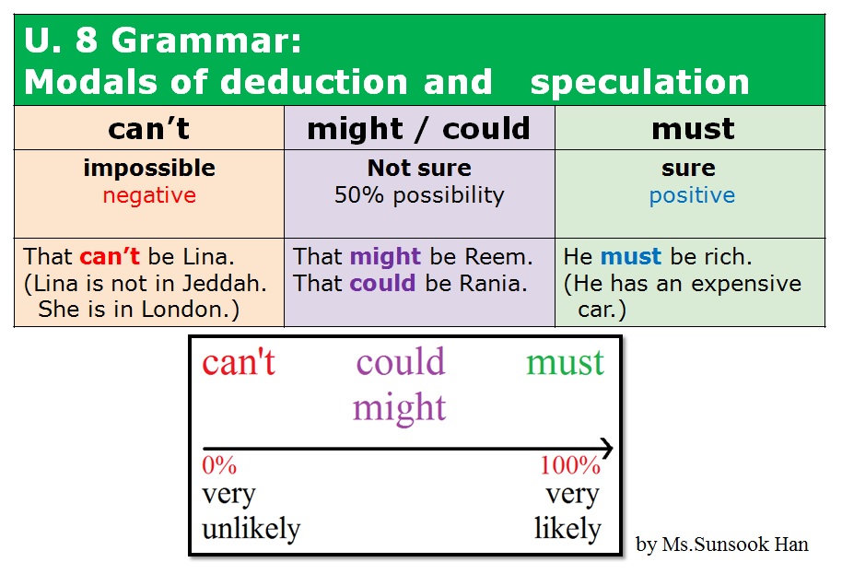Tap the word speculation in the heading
coord(639,82)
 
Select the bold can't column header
coord(148,129)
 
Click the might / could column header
coord(419,129)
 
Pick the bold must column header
coord(693,129)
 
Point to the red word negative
coord(149,195)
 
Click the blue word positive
coord(692,195)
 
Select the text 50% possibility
coord(419,195)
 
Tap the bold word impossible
coord(149,168)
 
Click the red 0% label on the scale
coord(219,465)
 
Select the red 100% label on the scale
coord(570,465)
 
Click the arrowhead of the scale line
coord(605,449)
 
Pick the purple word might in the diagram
coord(399,407)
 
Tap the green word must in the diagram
coord(565,362)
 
